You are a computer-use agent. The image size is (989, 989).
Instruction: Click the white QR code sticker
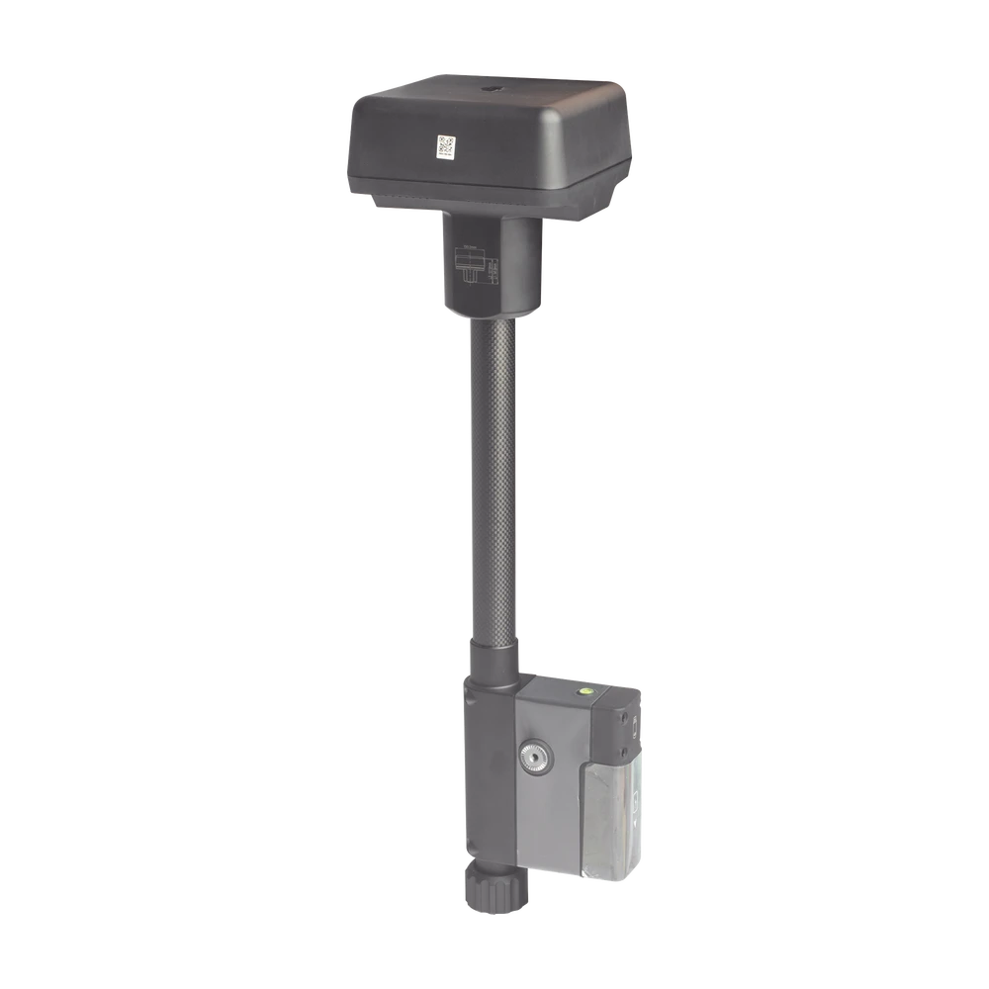tap(444, 147)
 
